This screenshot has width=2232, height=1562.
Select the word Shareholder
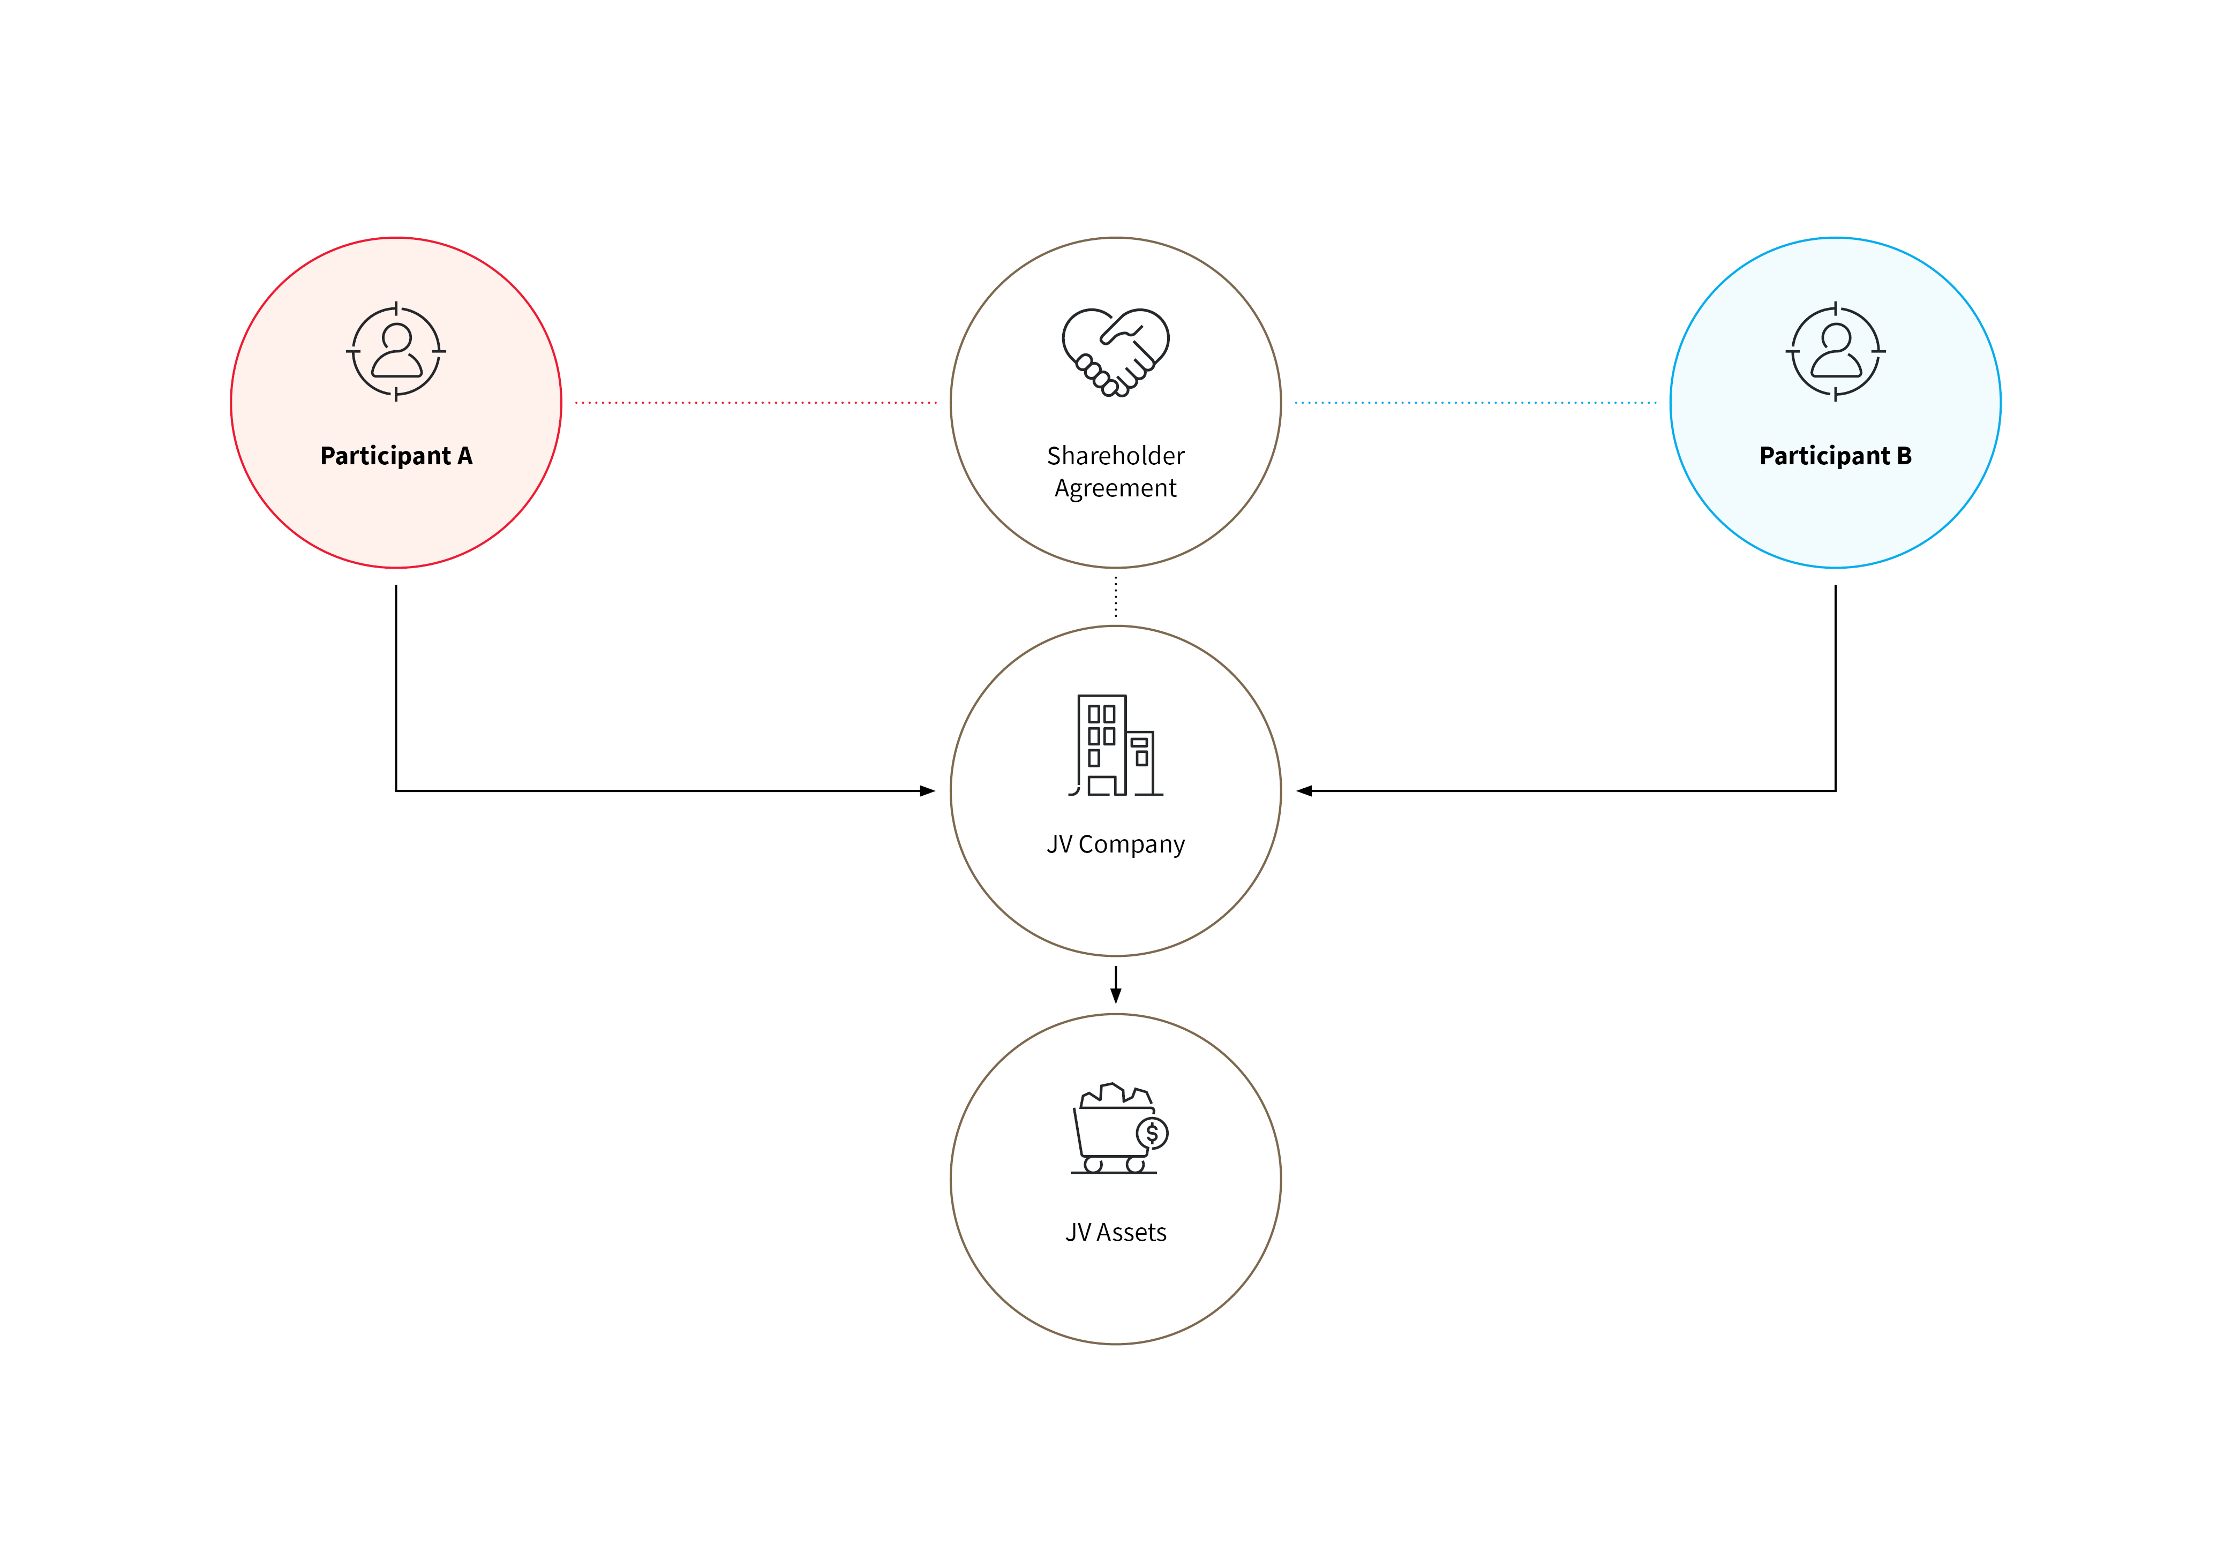pyautogui.click(x=1116, y=456)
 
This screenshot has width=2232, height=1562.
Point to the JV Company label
pyautogui.click(x=1116, y=844)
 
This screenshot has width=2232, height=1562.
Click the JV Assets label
pyautogui.click(x=1116, y=1233)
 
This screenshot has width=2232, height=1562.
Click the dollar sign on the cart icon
pyautogui.click(x=1152, y=1134)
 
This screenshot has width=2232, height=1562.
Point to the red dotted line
pyautogui.click(x=756, y=402)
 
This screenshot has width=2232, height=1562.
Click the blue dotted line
pyautogui.click(x=1476, y=402)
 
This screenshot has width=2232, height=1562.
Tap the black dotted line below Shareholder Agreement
pyautogui.click(x=1116, y=597)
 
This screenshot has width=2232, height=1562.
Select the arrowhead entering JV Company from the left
pyautogui.click(x=927, y=791)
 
